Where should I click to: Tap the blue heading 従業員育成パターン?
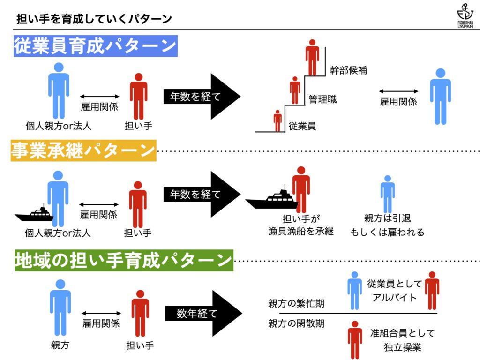(95, 47)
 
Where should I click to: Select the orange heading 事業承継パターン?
(83, 151)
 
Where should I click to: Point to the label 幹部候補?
(348, 71)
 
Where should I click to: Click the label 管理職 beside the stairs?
(322, 99)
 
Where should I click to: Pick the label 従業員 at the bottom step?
(302, 126)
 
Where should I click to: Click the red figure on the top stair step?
(312, 57)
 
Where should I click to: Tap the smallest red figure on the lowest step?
(277, 120)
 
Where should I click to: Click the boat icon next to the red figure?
(271, 199)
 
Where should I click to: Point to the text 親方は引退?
(387, 218)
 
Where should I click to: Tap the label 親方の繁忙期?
(296, 303)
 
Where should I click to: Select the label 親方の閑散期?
(296, 323)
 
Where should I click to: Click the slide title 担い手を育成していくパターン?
(94, 19)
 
